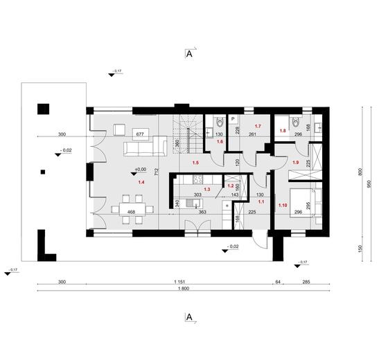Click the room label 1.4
141,182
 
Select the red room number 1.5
196,162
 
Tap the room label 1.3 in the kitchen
206,188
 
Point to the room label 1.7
257,126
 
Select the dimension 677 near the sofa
139,134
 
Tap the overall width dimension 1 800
184,289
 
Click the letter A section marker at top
188,53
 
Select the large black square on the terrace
44,108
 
